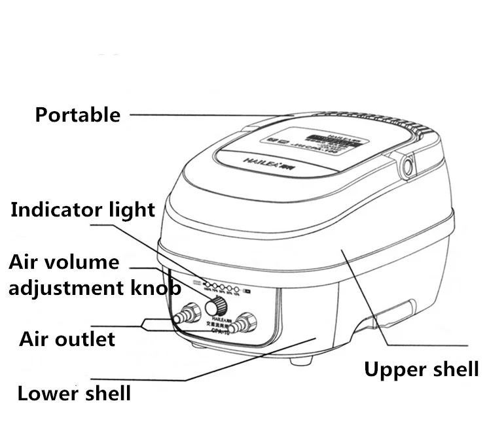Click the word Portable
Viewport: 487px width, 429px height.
pos(77,115)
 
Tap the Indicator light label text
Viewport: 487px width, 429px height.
pos(83,210)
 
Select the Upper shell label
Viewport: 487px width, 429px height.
pos(421,369)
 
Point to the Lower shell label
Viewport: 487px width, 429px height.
pos(74,394)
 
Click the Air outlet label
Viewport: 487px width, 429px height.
pos(67,339)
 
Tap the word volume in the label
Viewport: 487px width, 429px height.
pos(84,263)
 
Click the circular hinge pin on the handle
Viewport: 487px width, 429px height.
pos(407,167)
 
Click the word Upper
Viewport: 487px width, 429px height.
pos(391,369)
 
